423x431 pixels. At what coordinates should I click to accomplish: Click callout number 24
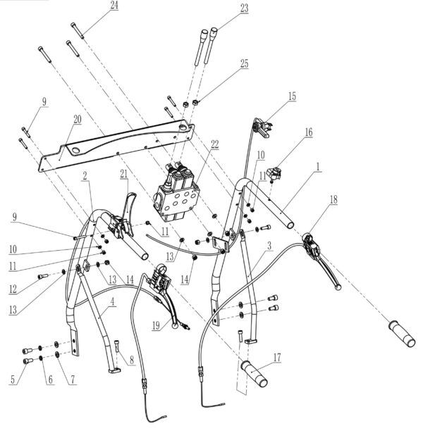[x=114, y=6]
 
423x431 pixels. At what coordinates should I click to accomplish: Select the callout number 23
[x=225, y=8]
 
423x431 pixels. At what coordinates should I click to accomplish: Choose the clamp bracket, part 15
[x=262, y=127]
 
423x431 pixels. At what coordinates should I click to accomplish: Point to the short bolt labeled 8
[x=118, y=347]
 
